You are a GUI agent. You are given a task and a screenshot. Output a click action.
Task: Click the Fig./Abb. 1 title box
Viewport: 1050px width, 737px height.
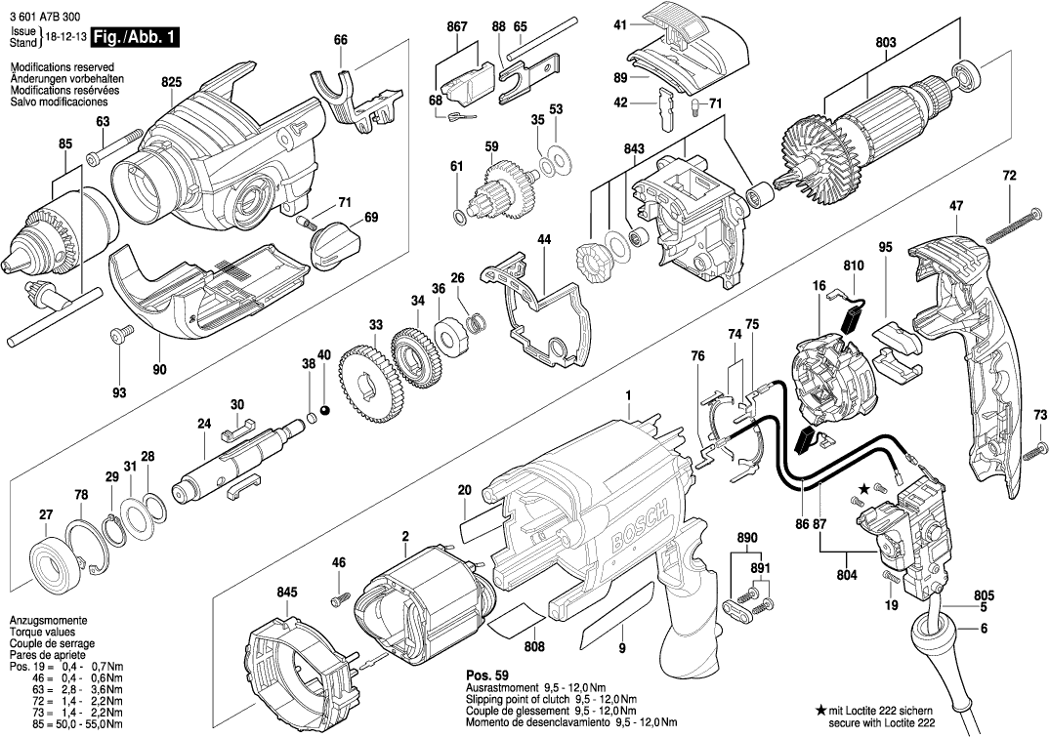(135, 38)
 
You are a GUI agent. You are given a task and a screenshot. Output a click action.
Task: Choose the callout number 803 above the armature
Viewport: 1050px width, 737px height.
(885, 42)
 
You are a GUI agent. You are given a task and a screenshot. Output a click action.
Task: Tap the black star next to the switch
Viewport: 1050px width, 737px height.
(862, 486)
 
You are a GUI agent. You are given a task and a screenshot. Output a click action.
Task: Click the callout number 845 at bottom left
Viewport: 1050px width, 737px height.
(285, 592)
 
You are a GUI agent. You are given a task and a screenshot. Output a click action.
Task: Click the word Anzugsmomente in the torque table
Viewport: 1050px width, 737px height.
(48, 622)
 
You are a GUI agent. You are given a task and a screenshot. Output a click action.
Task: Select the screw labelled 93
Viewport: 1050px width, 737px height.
(121, 338)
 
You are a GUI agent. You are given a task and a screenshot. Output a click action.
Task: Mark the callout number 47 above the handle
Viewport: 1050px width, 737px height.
(956, 206)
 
